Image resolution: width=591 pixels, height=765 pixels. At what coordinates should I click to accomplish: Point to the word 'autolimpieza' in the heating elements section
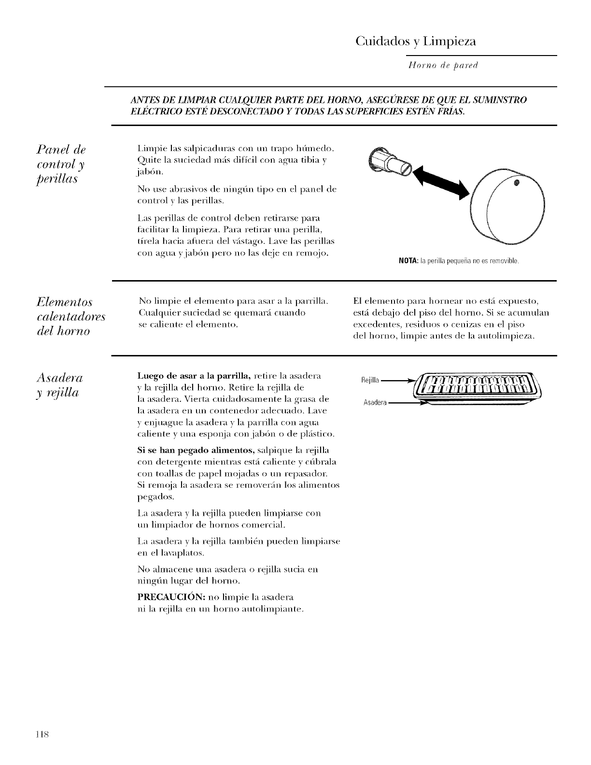[510, 335]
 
